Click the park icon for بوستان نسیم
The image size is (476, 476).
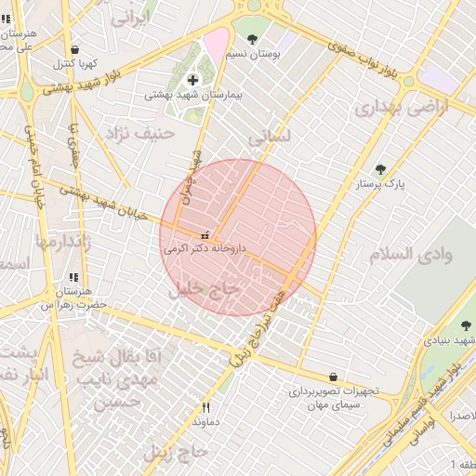252,39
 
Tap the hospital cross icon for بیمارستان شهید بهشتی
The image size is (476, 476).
192,80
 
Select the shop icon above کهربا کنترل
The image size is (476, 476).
74,50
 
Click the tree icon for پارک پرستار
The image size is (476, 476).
379,169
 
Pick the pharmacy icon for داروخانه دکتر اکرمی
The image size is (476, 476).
205,234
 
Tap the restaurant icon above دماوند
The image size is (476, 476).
205,407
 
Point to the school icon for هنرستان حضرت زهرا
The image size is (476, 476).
73,277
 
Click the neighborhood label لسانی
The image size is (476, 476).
270,137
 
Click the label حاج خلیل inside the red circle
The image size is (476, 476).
205,290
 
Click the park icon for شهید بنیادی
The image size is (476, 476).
466,325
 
